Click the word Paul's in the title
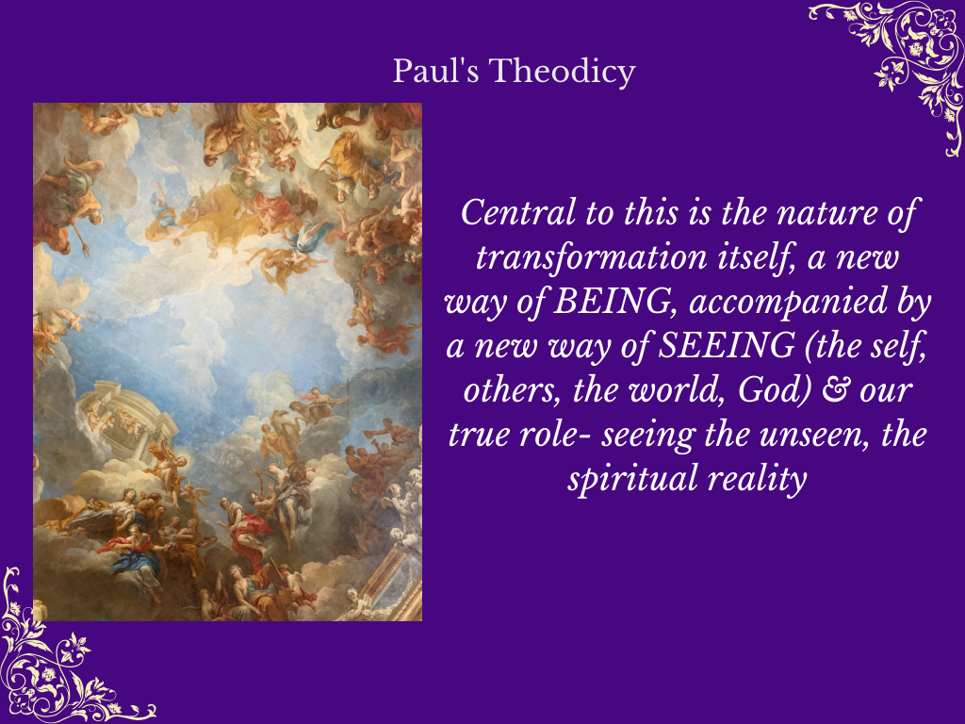(x=435, y=71)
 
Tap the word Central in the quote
(x=517, y=212)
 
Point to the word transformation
(x=592, y=256)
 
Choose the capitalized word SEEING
(x=727, y=345)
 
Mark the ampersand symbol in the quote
(x=835, y=390)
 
